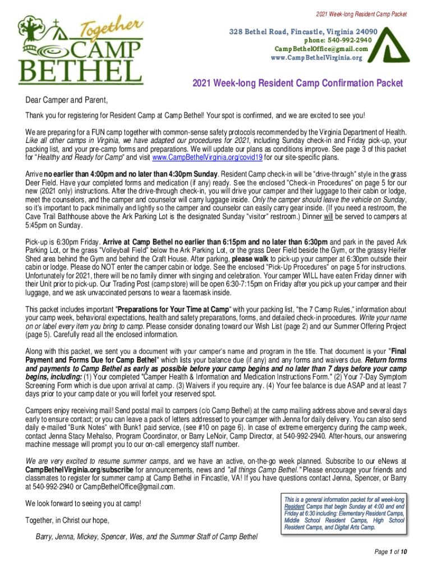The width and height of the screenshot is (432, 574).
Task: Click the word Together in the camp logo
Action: click(x=111, y=27)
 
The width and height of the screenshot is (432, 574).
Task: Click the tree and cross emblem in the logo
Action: click(x=35, y=34)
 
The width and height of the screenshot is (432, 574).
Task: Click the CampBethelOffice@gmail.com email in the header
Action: click(x=321, y=48)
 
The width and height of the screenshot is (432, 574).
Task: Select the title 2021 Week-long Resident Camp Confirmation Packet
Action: click(x=297, y=84)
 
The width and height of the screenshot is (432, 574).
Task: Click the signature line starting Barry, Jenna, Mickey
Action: click(x=146, y=537)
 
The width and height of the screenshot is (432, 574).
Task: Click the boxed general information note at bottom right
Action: click(x=344, y=513)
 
